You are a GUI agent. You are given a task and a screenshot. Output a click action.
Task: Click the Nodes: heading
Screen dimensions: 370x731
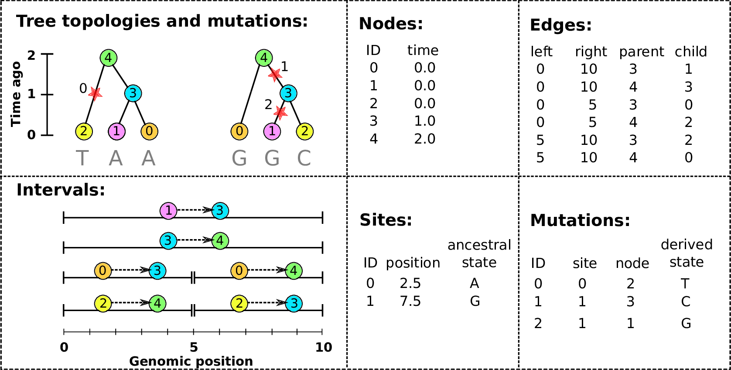(x=391, y=24)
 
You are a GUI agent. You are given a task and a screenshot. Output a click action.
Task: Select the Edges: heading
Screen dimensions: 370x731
(x=560, y=25)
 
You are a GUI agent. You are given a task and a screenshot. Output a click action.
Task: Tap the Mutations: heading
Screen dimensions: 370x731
(x=580, y=220)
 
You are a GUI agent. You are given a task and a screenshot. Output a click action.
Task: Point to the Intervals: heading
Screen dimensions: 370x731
(x=61, y=190)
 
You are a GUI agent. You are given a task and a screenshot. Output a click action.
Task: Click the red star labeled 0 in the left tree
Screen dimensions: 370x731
(x=95, y=93)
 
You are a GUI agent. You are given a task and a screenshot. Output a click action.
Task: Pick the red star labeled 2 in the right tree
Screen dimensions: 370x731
(x=280, y=113)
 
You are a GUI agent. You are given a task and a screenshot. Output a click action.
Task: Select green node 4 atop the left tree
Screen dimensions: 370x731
(x=108, y=58)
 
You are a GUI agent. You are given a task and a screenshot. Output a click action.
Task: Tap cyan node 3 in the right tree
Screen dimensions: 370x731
(x=288, y=93)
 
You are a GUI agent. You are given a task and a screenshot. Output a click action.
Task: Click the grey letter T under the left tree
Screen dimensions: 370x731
(x=82, y=158)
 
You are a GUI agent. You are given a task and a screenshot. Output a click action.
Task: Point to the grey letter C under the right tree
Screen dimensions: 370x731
(x=304, y=158)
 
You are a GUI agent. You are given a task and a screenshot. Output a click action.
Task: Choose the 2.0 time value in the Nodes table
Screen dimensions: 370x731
(x=425, y=139)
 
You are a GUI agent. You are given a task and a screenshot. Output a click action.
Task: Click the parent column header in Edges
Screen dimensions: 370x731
(x=641, y=52)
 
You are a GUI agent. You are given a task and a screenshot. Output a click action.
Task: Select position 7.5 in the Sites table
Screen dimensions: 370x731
(x=410, y=301)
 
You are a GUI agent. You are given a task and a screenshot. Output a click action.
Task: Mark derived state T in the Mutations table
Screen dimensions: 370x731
(x=685, y=284)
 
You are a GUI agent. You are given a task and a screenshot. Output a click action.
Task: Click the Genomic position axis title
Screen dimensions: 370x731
(x=191, y=361)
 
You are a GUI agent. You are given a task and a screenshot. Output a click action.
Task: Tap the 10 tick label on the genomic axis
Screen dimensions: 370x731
(x=324, y=347)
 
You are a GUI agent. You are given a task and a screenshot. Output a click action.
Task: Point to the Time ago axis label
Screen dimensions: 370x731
(x=16, y=94)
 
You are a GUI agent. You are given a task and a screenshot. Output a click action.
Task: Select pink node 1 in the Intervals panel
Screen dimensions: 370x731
(x=168, y=211)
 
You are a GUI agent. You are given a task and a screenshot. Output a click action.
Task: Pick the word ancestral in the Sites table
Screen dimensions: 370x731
(x=479, y=245)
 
